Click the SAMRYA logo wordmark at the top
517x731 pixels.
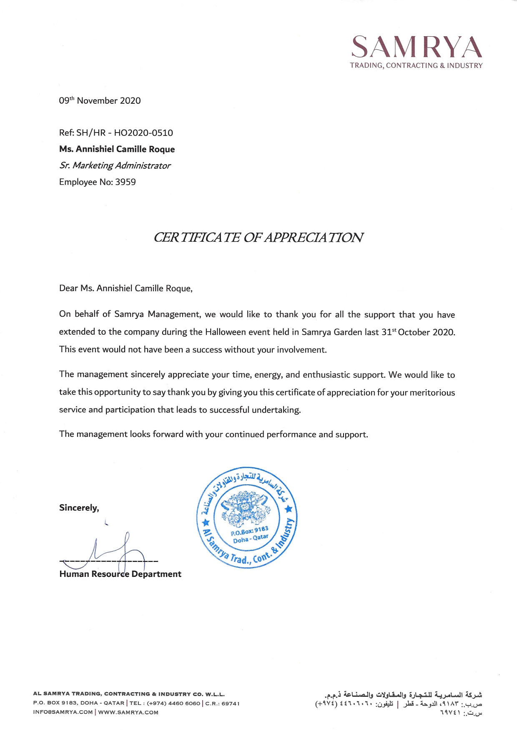[417, 47]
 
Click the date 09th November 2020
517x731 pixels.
[100, 100]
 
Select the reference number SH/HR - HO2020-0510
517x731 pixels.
[124, 133]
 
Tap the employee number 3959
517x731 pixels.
[125, 182]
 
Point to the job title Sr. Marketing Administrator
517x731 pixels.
[115, 165]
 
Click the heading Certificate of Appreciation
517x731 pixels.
[258, 238]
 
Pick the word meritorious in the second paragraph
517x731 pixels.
[432, 393]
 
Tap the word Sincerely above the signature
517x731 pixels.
[79, 508]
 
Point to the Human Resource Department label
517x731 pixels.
[120, 574]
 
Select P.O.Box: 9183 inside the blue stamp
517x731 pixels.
[249, 531]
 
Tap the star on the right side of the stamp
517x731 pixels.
[289, 509]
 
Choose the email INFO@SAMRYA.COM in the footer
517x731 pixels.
[63, 712]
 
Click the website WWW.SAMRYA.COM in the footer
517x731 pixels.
[128, 712]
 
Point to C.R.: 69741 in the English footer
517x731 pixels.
[223, 703]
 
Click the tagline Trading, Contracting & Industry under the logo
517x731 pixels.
[416, 65]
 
